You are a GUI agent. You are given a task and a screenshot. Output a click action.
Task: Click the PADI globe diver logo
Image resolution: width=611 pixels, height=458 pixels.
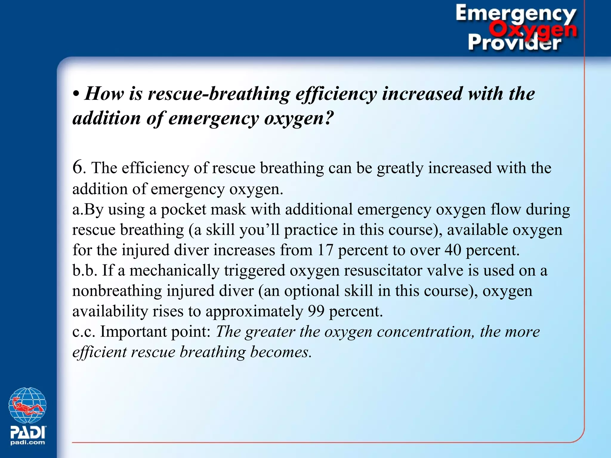pos(27,405)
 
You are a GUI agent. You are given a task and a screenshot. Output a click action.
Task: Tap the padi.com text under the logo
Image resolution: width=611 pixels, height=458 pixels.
pos(27,442)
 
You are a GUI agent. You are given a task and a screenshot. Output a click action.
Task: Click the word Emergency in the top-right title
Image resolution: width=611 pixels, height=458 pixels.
pos(516,13)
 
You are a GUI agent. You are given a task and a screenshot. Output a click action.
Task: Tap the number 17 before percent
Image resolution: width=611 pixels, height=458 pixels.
pos(325,250)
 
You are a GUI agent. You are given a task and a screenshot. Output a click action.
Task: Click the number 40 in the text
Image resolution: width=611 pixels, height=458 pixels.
pos(453,250)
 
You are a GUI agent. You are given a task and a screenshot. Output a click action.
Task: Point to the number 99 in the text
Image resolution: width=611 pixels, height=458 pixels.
pos(316,311)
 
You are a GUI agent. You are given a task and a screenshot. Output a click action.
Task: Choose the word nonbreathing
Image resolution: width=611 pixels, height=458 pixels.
pos(117,291)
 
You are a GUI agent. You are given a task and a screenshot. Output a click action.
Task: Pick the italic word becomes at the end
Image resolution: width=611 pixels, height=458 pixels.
pos(281,352)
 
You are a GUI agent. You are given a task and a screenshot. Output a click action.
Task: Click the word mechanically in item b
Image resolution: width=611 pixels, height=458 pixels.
pos(174,270)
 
